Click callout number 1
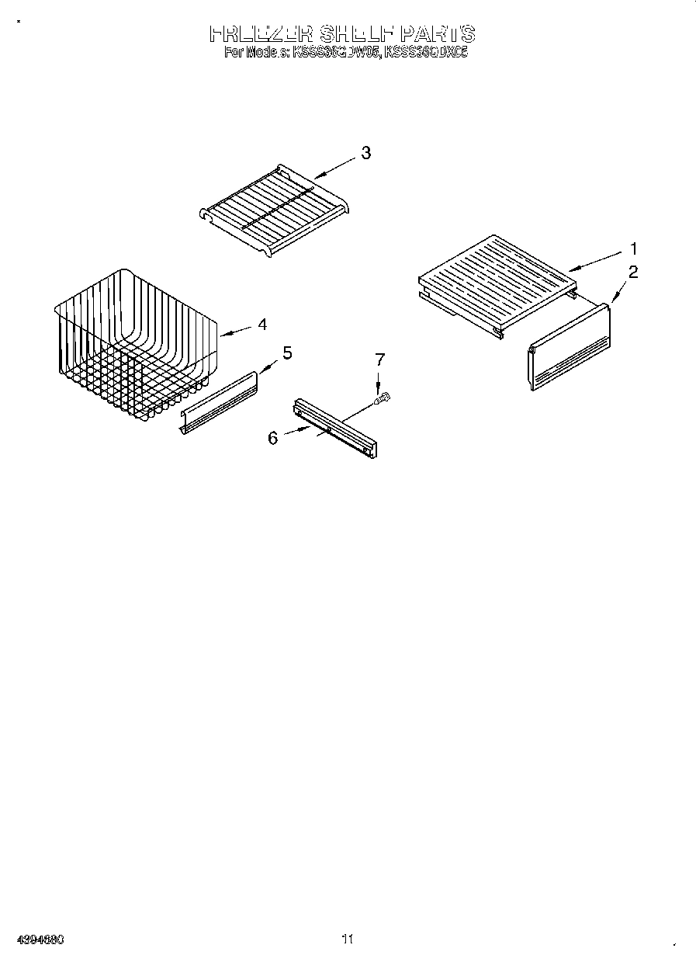pyautogui.click(x=633, y=249)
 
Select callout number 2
pyautogui.click(x=633, y=272)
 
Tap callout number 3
pyautogui.click(x=365, y=153)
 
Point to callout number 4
pyautogui.click(x=262, y=325)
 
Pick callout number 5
pyautogui.click(x=287, y=353)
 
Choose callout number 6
pyautogui.click(x=272, y=437)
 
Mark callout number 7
pyautogui.click(x=379, y=359)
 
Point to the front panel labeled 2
pyautogui.click(x=569, y=347)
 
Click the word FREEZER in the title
pyautogui.click(x=260, y=34)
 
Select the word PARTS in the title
pyautogui.click(x=437, y=34)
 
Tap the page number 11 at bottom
pyautogui.click(x=347, y=939)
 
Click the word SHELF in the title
pyautogui.click(x=356, y=34)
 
